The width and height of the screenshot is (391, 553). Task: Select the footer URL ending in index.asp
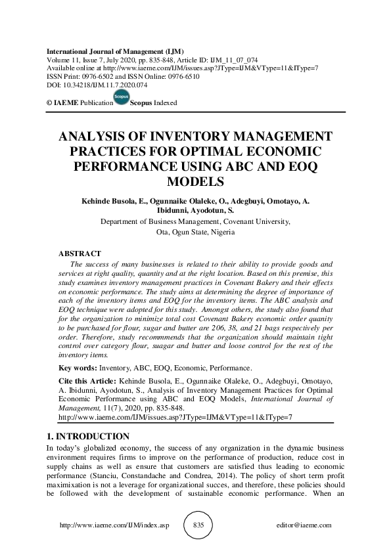114,525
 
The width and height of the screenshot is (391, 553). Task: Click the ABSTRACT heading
80,254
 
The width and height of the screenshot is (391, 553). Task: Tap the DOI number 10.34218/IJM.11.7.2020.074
104,85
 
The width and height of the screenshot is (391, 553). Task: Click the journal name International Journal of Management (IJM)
115,51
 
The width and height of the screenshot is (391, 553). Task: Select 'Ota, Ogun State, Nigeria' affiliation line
195,232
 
